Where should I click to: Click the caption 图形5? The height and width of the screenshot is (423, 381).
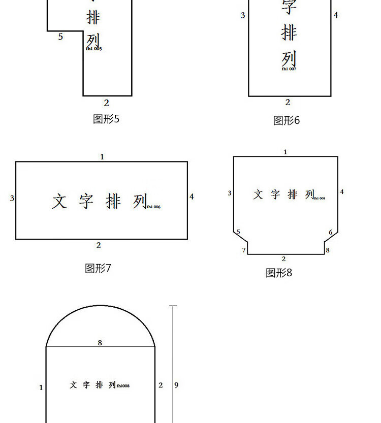tap(106, 119)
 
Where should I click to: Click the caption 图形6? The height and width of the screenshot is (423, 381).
tap(287, 121)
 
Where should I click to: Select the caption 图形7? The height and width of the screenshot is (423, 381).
tap(98, 268)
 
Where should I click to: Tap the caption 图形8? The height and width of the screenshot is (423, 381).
tap(279, 273)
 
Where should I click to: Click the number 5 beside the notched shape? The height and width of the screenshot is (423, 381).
tap(60, 37)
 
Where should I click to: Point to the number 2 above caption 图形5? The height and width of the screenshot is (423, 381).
tap(106, 103)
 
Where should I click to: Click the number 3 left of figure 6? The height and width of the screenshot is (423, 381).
tap(243, 16)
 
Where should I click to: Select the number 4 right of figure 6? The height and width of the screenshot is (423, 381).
tap(336, 16)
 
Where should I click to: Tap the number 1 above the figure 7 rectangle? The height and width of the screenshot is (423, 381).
tap(102, 157)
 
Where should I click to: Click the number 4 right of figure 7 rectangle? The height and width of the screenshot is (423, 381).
tap(192, 197)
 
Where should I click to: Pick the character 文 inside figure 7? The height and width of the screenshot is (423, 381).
tap(59, 201)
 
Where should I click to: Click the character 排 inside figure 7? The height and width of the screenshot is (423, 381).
tap(113, 201)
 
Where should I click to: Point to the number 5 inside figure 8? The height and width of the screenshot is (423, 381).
tap(238, 232)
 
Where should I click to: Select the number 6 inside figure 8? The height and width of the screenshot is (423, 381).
tap(331, 233)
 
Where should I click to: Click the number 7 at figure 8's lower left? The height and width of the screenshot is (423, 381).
tap(244, 250)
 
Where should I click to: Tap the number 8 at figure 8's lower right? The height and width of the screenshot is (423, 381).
tap(328, 250)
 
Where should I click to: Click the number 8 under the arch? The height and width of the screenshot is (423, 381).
tap(100, 343)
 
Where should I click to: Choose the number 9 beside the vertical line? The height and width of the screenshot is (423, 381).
tap(176, 385)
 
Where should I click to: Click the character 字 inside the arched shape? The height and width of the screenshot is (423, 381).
tap(86, 385)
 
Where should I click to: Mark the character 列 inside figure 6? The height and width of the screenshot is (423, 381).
tap(289, 59)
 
